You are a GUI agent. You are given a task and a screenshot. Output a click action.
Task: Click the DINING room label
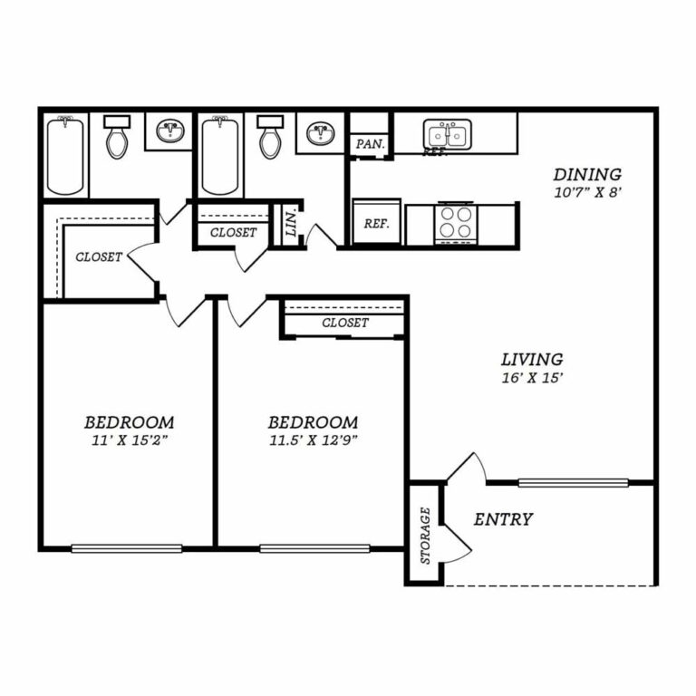pyautogui.click(x=587, y=174)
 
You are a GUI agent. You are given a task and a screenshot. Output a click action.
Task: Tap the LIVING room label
pyautogui.click(x=532, y=359)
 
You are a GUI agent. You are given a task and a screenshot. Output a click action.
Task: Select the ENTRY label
pyautogui.click(x=503, y=519)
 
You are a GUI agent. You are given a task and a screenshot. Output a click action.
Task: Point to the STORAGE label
pyautogui.click(x=425, y=536)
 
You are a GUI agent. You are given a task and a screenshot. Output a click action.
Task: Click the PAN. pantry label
pyautogui.click(x=370, y=144)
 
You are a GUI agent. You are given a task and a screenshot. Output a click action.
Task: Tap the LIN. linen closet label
pyautogui.click(x=291, y=223)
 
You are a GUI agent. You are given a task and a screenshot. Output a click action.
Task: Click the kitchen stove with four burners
pyautogui.click(x=457, y=224)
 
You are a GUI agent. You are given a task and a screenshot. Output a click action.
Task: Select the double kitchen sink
pyautogui.click(x=447, y=134)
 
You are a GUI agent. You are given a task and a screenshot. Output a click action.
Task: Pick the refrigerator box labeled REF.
pyautogui.click(x=376, y=221)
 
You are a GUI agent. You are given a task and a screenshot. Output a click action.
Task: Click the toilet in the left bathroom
pyautogui.click(x=117, y=137)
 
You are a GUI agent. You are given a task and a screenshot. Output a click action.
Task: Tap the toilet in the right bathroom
pyautogui.click(x=270, y=137)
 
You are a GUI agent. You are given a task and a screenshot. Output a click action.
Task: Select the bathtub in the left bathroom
pyautogui.click(x=65, y=155)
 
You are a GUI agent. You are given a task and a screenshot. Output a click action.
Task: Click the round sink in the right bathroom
pyautogui.click(x=321, y=133)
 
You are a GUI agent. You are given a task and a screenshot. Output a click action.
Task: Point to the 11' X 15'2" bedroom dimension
pyautogui.click(x=130, y=440)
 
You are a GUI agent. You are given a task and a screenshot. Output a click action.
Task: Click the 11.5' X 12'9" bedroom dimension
pyautogui.click(x=314, y=440)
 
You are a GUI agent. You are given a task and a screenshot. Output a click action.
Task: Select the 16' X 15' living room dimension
pyautogui.click(x=532, y=378)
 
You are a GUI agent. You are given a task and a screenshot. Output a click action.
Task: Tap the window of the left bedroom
pyautogui.click(x=127, y=548)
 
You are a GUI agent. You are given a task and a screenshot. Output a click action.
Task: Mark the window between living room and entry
pyautogui.click(x=573, y=483)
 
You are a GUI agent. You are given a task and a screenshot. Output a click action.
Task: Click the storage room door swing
pyautogui.click(x=457, y=545)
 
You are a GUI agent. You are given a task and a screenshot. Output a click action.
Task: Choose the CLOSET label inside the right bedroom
pyautogui.click(x=345, y=323)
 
